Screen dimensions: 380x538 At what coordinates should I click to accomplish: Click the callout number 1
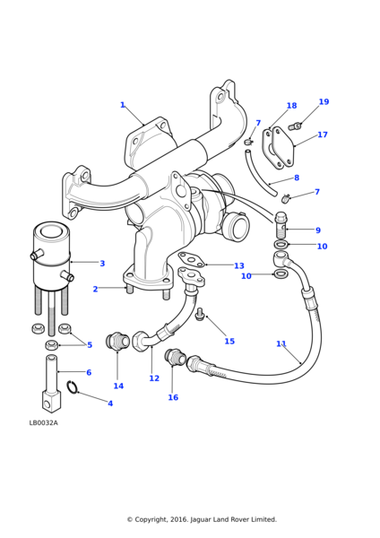point(123,105)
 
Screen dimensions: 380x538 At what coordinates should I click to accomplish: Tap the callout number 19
point(324,101)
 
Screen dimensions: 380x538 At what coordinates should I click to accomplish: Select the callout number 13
point(239,265)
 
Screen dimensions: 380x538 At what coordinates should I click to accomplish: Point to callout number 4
point(110,403)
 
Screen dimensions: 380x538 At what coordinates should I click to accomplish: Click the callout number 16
point(173,397)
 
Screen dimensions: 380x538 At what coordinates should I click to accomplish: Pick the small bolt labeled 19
point(295,126)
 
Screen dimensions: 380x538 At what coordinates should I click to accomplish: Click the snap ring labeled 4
point(73,387)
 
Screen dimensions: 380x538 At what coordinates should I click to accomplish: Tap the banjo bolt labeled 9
point(281,225)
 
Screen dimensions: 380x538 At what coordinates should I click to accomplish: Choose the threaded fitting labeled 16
point(176,357)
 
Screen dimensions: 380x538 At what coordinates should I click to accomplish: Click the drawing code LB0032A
point(44,422)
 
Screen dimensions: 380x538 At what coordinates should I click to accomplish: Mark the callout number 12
point(154,378)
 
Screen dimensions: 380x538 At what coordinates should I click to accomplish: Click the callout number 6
point(89,372)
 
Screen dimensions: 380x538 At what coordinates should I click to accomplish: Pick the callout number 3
point(102,264)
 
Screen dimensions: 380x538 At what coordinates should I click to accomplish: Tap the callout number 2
point(95,289)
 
